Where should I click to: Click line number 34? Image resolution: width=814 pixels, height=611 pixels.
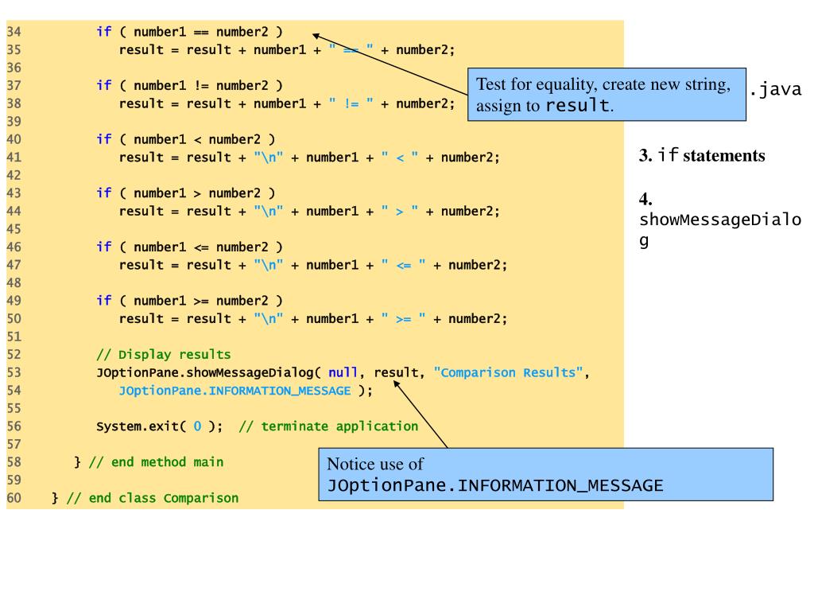coord(13,32)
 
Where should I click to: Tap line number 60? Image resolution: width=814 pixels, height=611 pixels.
coord(13,499)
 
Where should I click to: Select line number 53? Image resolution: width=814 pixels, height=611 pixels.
coord(13,372)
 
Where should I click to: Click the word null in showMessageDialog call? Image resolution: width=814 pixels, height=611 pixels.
coord(343,372)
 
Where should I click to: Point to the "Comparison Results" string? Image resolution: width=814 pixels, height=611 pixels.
coord(510,372)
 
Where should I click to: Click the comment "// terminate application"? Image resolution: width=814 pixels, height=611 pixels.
coord(328,426)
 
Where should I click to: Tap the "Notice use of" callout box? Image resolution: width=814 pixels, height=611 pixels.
coord(545,474)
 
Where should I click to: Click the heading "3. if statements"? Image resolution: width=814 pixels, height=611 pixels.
coord(702,155)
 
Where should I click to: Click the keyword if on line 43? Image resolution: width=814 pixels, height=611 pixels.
coord(103,193)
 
